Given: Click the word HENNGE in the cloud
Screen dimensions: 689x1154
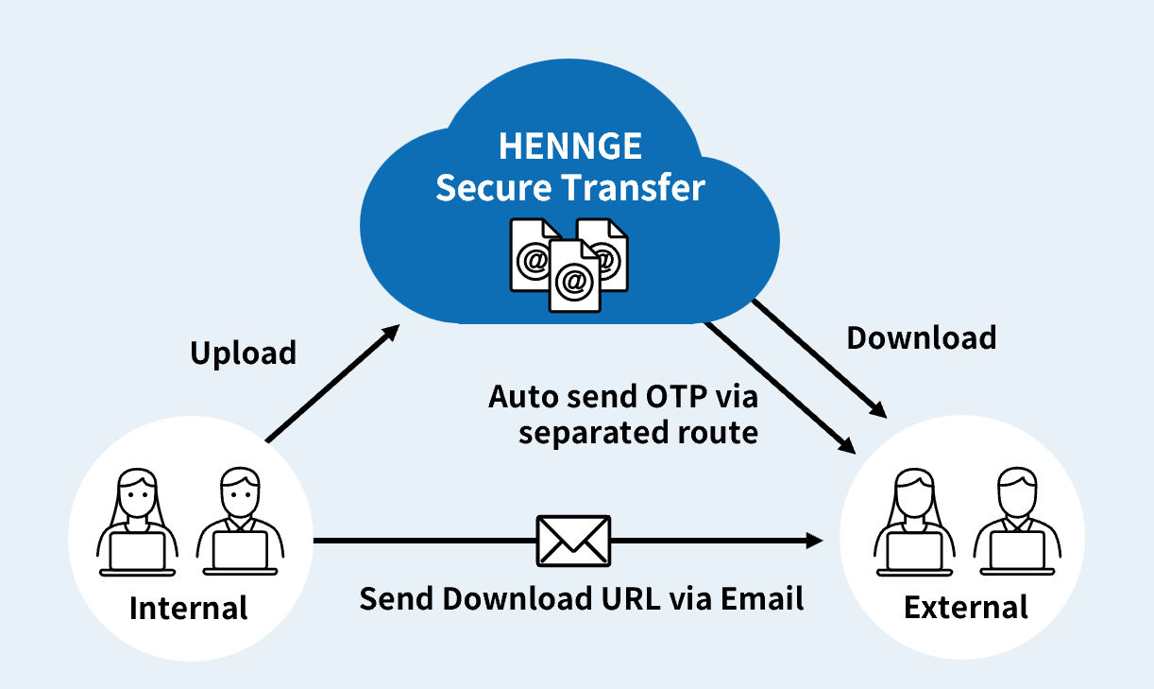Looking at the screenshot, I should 569,147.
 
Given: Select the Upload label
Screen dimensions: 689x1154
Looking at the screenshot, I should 244,353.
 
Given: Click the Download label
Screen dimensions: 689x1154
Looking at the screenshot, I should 921,337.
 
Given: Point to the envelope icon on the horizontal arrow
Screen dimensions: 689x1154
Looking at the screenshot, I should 573,540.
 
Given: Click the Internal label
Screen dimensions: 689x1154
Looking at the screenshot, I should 188,608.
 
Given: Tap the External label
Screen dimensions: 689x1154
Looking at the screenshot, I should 965,607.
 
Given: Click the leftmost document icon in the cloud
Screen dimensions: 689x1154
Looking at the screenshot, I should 531,254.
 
